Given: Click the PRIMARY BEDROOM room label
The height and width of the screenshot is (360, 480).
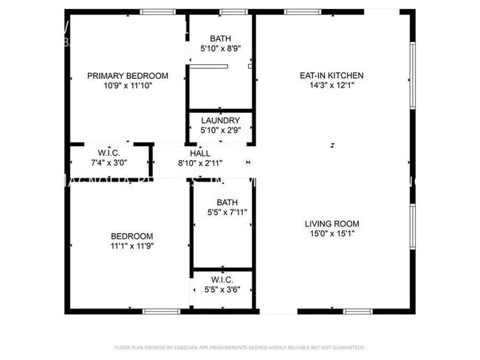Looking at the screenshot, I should click(x=127, y=75).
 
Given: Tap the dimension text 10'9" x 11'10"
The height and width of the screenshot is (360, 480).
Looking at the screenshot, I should click(x=127, y=86).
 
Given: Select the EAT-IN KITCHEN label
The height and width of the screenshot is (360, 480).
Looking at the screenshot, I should click(x=331, y=75).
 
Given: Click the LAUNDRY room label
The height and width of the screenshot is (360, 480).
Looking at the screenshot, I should click(x=220, y=120).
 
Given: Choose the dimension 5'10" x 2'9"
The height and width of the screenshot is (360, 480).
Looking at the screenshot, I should click(x=220, y=131).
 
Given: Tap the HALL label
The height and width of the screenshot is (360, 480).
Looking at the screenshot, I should click(x=200, y=153).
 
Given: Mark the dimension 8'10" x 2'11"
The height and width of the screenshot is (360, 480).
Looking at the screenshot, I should click(x=200, y=163).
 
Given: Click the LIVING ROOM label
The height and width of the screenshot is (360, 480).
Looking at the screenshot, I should click(x=332, y=224).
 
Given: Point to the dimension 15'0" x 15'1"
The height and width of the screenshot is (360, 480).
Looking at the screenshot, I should click(x=332, y=234).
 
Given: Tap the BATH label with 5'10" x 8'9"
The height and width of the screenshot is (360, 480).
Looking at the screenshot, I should click(x=220, y=38).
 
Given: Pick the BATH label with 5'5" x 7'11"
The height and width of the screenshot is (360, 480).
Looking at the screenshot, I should click(x=226, y=202).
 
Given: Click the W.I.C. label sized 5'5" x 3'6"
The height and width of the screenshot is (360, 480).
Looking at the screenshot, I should click(x=222, y=280).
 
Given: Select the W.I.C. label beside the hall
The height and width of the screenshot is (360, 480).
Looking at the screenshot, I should click(x=109, y=153).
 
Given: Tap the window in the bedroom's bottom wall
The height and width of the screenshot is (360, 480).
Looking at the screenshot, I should click(x=161, y=311).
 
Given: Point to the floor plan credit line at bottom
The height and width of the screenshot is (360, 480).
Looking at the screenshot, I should click(x=240, y=347).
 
